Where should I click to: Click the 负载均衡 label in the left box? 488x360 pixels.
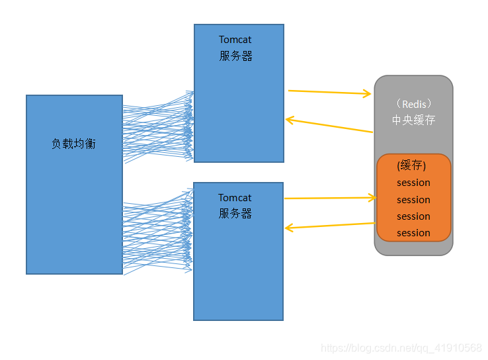73,144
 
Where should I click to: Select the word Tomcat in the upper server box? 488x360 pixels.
235,40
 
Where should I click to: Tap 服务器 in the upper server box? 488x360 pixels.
235,56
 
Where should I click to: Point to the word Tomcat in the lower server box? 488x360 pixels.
235,198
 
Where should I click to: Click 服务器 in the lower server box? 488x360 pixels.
235,214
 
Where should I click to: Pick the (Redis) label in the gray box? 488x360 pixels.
413,105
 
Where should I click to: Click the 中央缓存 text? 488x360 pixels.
413,120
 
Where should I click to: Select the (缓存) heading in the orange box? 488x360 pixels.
411,165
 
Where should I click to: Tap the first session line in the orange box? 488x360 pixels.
413,183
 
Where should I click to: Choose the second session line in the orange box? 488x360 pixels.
413,200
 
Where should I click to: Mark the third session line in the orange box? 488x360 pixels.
413,216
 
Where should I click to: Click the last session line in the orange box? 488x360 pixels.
413,233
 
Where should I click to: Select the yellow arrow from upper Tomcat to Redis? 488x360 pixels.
329,93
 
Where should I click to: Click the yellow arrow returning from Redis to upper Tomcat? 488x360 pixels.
329,126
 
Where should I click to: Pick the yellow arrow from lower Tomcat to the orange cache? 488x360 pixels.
329,198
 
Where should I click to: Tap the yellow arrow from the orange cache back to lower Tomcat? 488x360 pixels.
329,226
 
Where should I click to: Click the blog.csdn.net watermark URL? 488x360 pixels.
401,348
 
